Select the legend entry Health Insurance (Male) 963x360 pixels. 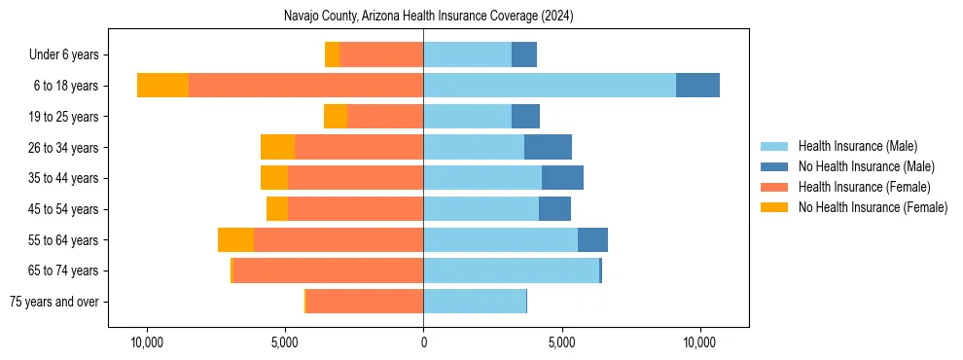tap(856, 146)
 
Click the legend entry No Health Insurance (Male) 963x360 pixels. tap(866, 166)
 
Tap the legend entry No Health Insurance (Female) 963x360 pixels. tap(873, 207)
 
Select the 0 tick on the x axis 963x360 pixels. tap(423, 343)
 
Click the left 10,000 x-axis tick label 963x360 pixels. tap(147, 343)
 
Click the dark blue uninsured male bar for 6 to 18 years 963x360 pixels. tap(697, 86)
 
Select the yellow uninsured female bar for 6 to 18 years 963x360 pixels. tap(162, 86)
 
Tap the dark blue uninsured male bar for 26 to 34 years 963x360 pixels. tap(548, 147)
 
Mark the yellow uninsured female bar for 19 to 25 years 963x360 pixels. tap(336, 117)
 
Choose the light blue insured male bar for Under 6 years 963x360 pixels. tap(467, 54)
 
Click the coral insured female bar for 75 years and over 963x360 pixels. tap(365, 302)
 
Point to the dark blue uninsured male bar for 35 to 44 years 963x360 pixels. tap(562, 178)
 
